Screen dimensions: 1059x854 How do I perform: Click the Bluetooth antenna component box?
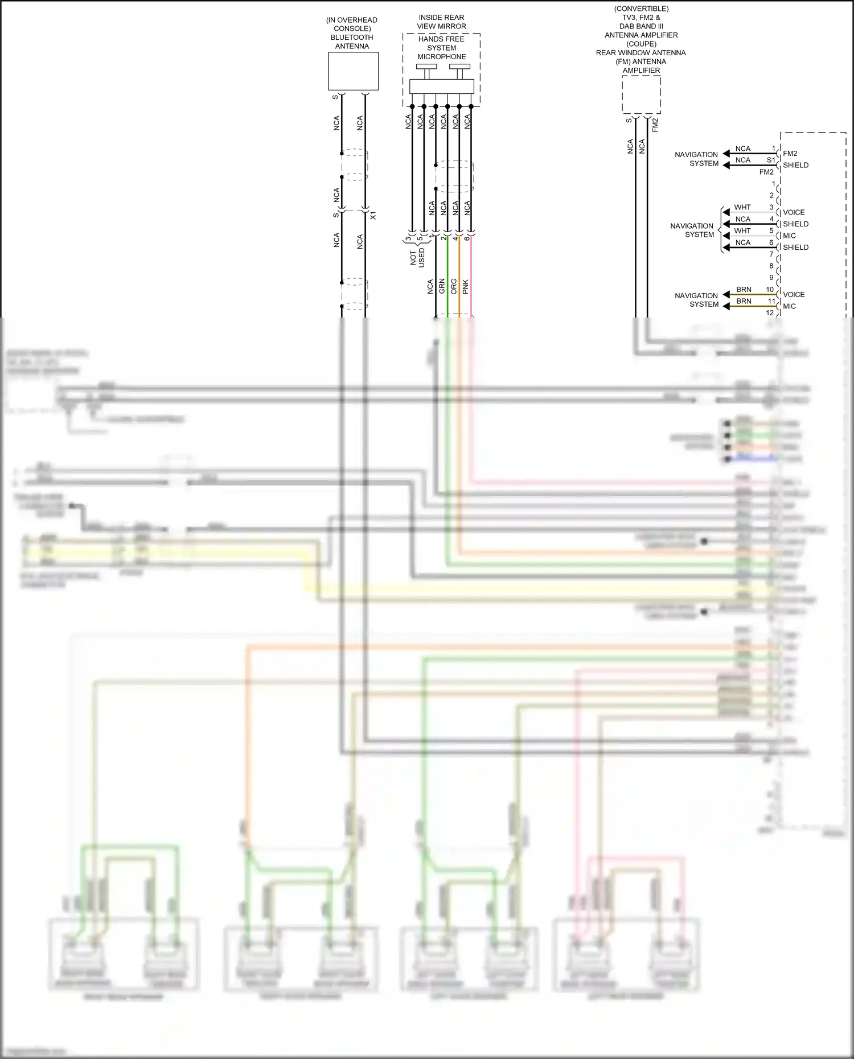pyautogui.click(x=353, y=71)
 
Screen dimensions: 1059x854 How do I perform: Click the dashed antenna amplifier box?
pyautogui.click(x=641, y=95)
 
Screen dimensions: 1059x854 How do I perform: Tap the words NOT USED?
pyautogui.click(x=417, y=258)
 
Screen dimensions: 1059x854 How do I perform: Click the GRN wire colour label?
pyautogui.click(x=442, y=286)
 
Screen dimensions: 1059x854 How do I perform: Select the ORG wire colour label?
pyautogui.click(x=454, y=286)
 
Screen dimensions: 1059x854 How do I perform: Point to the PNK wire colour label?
pyautogui.click(x=466, y=286)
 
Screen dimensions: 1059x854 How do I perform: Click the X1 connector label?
pyautogui.click(x=373, y=216)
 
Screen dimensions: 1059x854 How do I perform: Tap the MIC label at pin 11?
pyautogui.click(x=789, y=306)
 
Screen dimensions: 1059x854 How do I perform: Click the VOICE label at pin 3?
pyautogui.click(x=794, y=212)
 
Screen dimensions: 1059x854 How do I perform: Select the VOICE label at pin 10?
pyautogui.click(x=794, y=294)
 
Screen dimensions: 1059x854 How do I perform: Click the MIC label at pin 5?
pyautogui.click(x=789, y=236)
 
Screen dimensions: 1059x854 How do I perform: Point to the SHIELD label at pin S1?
pyautogui.click(x=795, y=165)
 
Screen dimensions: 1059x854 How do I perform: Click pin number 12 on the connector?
pyautogui.click(x=770, y=313)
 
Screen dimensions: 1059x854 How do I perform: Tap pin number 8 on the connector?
pyautogui.click(x=771, y=266)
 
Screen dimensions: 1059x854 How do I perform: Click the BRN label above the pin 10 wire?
pyautogui.click(x=744, y=290)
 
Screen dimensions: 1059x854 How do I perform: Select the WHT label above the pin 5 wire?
pyautogui.click(x=742, y=230)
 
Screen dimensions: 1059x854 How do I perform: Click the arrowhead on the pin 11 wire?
pyautogui.click(x=726, y=306)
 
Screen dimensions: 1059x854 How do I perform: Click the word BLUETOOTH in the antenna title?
pyautogui.click(x=352, y=38)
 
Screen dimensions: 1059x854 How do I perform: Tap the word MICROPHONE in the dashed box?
pyautogui.click(x=441, y=57)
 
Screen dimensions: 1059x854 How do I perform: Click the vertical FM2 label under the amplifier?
pyautogui.click(x=655, y=125)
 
